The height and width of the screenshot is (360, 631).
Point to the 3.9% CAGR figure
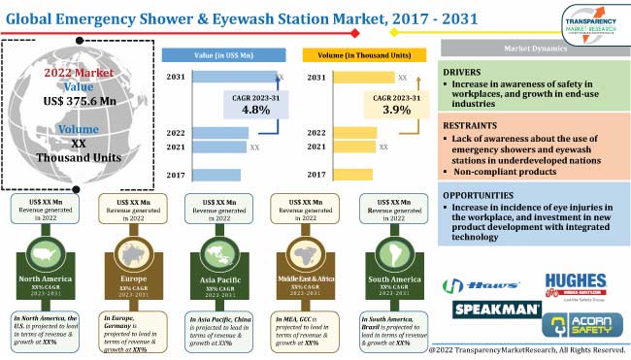pyautogui.click(x=393, y=111)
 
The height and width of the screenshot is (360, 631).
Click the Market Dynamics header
pyautogui.click(x=534, y=47)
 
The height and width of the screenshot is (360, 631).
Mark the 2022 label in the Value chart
pyautogui.click(x=176, y=132)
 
